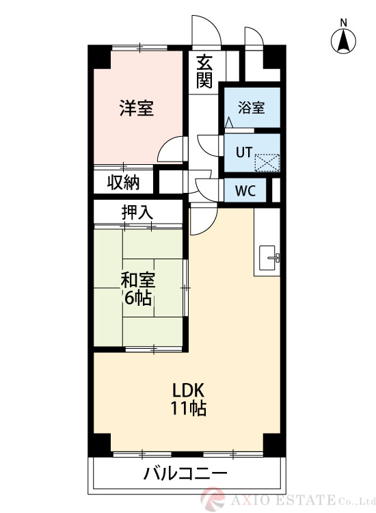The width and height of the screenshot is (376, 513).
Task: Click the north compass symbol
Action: (x=343, y=42)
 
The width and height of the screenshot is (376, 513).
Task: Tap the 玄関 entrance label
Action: (x=204, y=71)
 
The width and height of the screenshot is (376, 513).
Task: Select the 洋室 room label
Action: (x=136, y=108)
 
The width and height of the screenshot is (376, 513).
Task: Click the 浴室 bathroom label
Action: (x=251, y=108)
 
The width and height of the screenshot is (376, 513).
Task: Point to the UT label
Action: (x=243, y=153)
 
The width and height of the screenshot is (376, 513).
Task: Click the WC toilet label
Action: (x=245, y=191)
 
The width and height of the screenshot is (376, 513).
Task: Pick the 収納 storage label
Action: (x=123, y=183)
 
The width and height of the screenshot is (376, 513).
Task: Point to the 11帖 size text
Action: (x=189, y=409)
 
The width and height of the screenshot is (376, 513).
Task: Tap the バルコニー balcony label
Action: (x=185, y=473)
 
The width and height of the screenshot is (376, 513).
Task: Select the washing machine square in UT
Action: (x=267, y=163)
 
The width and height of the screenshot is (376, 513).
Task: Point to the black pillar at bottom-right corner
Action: (x=273, y=445)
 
